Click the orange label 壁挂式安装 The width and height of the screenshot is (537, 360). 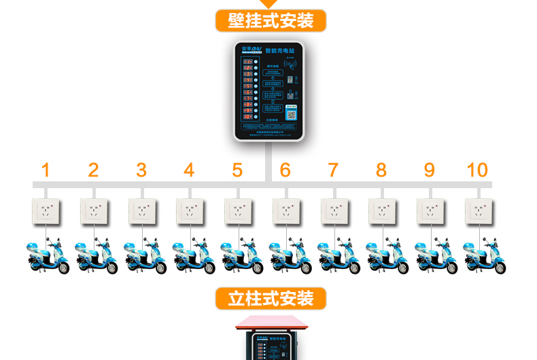click(x=271, y=20)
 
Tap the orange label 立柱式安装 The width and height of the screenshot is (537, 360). click(x=271, y=298)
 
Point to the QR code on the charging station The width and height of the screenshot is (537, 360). click(x=293, y=113)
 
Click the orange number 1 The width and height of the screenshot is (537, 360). click(x=46, y=170)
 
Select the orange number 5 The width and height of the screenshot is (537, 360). click(x=237, y=170)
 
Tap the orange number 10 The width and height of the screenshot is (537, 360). click(x=477, y=170)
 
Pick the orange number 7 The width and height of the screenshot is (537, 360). click(x=333, y=170)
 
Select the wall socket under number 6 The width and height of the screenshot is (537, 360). click(x=287, y=211)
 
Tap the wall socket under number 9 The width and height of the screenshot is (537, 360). click(x=430, y=211)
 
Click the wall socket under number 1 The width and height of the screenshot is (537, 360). click(x=46, y=211)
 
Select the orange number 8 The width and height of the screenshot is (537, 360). click(x=381, y=170)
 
